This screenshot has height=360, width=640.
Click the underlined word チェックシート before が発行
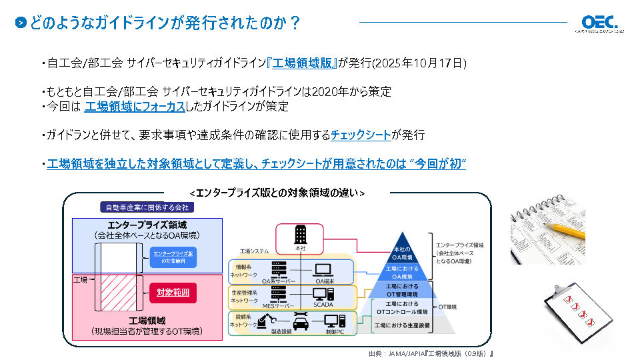[x=361, y=135]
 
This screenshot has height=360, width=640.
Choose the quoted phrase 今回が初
[x=441, y=163]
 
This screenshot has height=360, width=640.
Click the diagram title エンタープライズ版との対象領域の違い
[x=277, y=193]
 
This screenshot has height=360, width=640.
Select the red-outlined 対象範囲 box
[x=173, y=292]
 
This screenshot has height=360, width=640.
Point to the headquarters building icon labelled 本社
[x=299, y=235]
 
